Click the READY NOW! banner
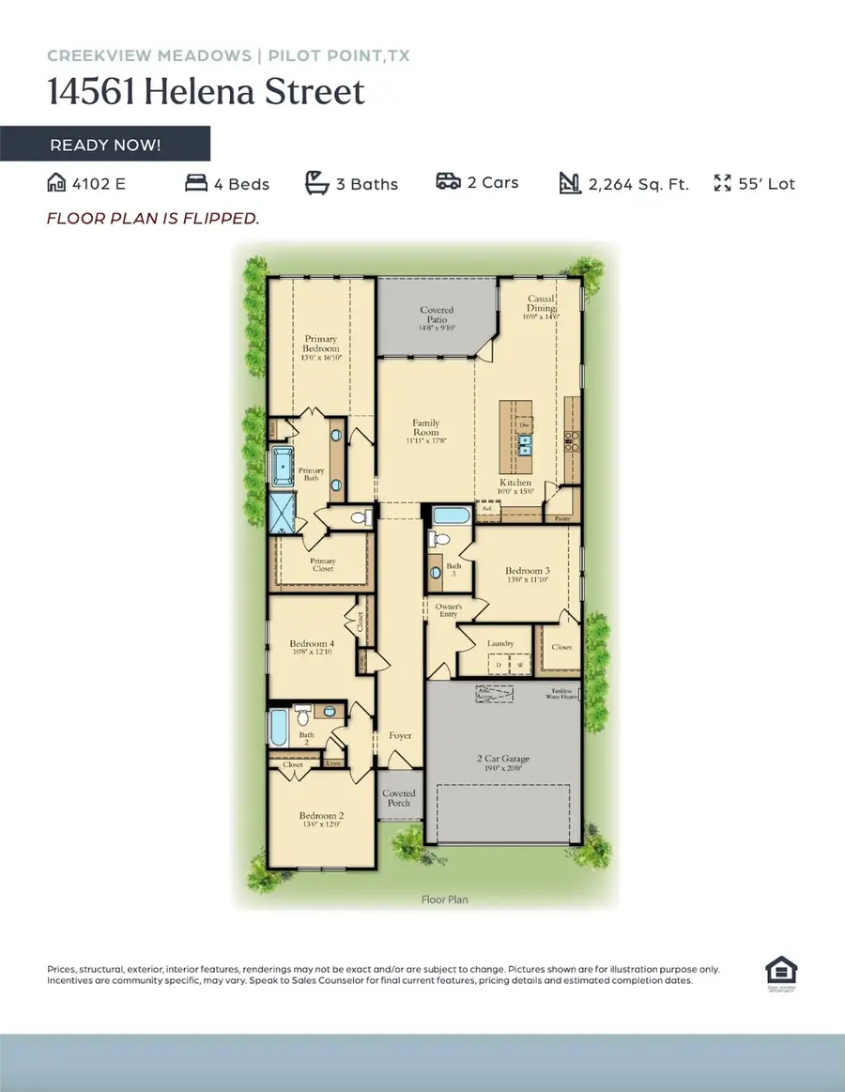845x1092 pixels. pos(105,145)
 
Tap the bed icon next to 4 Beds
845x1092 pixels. pos(195,183)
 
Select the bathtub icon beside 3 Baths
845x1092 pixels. pos(317,183)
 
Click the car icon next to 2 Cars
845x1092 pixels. pos(448,182)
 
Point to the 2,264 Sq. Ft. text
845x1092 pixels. pos(638,184)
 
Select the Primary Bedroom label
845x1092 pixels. pos(320,347)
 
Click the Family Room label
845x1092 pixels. pos(425,429)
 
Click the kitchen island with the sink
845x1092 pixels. pos(516,438)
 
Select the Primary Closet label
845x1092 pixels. pos(323,566)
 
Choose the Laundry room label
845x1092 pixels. pos(499,644)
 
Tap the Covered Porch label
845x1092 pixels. pos(399,798)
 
